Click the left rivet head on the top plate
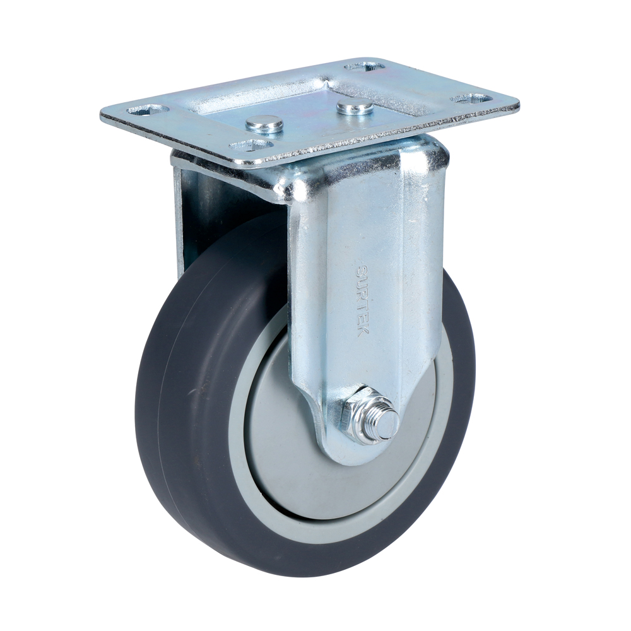[264, 123]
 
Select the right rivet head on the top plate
[355, 107]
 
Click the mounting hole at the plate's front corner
[251, 146]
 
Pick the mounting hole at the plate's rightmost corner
[471, 99]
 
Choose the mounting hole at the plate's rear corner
[364, 66]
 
